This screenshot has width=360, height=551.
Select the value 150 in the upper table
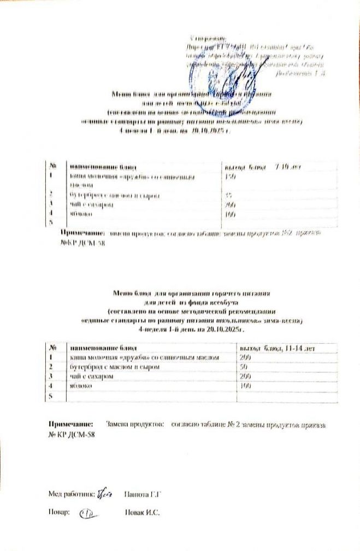[231, 177]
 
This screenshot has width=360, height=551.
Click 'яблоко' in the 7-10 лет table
[81, 214]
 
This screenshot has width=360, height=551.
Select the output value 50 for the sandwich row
[244, 367]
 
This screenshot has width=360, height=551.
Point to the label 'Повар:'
[58, 513]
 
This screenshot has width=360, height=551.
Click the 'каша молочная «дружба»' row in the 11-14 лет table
[145, 357]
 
